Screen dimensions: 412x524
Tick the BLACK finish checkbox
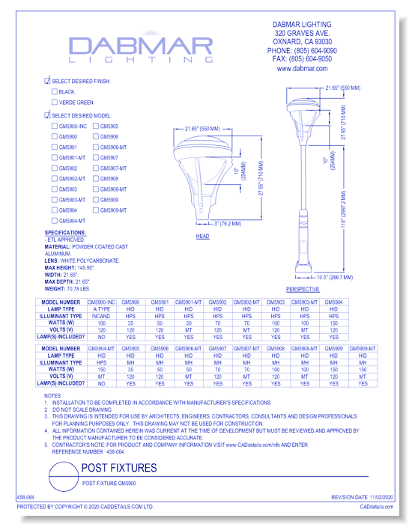[54, 91]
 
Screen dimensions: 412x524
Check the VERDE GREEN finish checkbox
[54, 102]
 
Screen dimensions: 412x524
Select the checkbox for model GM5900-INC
[54, 127]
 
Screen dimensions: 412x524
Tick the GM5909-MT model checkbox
[95, 210]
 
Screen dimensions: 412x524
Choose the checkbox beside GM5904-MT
[54, 221]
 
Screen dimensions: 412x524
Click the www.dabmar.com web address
[303, 68]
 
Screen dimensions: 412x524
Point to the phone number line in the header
[303, 50]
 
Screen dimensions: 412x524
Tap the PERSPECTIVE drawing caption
[303, 288]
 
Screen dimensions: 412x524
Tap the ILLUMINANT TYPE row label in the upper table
[65, 316]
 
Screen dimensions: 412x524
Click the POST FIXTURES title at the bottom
[118, 469]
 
